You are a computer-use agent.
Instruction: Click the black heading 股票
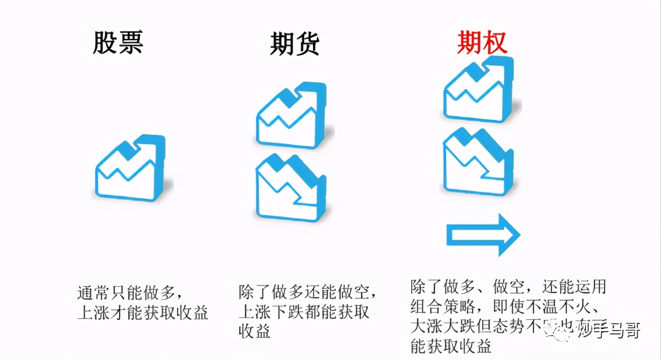118,42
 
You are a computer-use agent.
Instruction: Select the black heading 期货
294,44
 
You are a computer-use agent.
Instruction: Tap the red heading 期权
482,42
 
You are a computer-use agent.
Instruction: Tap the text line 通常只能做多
129,293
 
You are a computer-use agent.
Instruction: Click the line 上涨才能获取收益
143,312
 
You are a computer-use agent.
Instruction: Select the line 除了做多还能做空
307,292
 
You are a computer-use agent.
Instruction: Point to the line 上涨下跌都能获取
304,311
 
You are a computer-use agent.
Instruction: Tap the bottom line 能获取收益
451,346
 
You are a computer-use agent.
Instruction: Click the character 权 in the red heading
495,42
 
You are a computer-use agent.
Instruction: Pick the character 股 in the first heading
106,42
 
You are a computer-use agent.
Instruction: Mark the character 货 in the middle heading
307,44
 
